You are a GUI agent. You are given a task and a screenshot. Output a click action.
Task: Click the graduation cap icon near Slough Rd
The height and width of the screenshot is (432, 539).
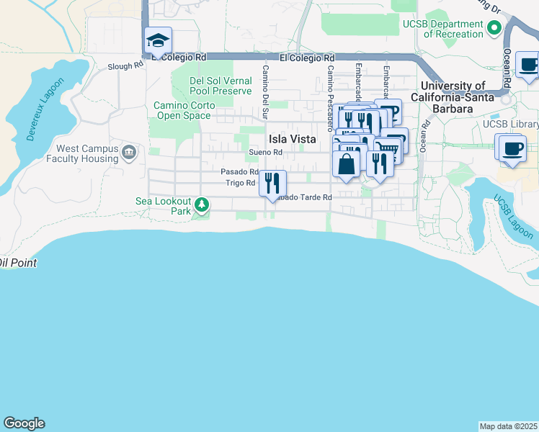coord(157,41)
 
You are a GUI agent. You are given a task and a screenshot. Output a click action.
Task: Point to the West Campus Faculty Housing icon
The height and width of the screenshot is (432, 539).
coord(129,153)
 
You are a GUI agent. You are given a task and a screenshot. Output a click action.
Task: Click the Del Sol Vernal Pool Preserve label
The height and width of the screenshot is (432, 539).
coord(220,86)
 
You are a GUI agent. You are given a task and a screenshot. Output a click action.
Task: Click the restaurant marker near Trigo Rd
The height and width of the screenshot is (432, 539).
coord(272,181)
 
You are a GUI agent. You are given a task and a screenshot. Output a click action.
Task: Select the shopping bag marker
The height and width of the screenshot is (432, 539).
coord(346,163)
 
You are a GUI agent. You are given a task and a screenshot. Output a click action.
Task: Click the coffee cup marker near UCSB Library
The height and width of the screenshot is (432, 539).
coord(512,148)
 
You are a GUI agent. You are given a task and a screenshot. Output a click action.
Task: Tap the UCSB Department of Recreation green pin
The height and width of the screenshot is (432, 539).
coord(494,29)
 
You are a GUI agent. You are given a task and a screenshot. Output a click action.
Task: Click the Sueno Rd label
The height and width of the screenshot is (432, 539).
coord(264,153)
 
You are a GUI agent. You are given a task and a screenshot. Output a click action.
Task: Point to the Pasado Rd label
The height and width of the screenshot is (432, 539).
coord(239,172)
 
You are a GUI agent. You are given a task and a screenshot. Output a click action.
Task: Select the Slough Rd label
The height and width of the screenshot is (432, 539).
coord(125,66)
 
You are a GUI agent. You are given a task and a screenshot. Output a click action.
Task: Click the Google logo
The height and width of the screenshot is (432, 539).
coord(24,423)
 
